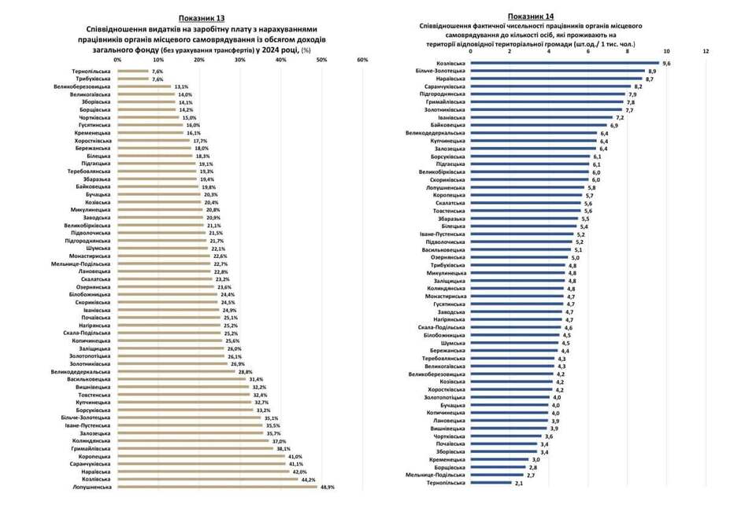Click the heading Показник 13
(201, 17)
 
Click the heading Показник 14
(532, 16)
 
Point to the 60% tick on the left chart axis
(362, 60)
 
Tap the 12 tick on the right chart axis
(706, 51)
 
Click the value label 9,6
(666, 63)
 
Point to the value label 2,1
(519, 482)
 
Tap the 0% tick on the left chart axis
(117, 60)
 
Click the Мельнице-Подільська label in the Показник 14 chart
(435, 474)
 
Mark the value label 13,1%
(181, 87)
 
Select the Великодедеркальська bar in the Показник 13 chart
(176, 371)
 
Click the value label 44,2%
(306, 479)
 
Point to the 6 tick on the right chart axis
(588, 51)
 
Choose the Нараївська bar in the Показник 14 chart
(557, 79)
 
